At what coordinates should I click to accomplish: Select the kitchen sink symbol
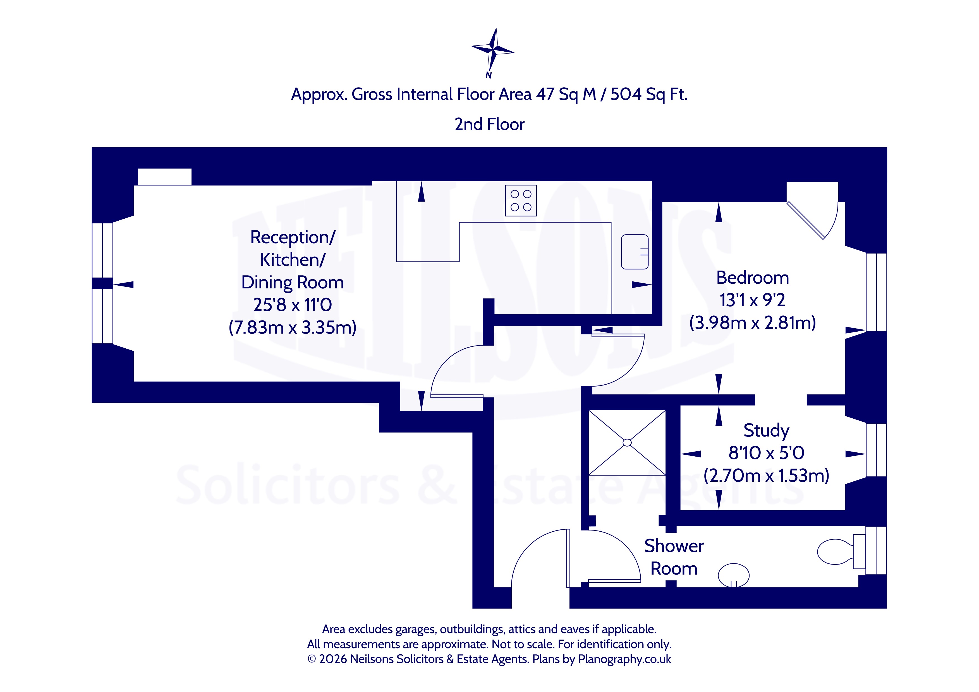[x=635, y=252]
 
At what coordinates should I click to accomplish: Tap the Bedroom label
[x=753, y=278]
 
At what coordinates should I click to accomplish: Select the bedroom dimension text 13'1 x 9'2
[x=753, y=300]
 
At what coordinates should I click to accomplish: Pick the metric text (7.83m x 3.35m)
[x=293, y=327]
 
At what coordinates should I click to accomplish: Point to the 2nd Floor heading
[x=490, y=124]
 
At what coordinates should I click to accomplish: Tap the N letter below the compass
[x=489, y=75]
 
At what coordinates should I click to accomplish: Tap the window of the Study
[x=876, y=450]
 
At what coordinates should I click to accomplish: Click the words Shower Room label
[x=674, y=557]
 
